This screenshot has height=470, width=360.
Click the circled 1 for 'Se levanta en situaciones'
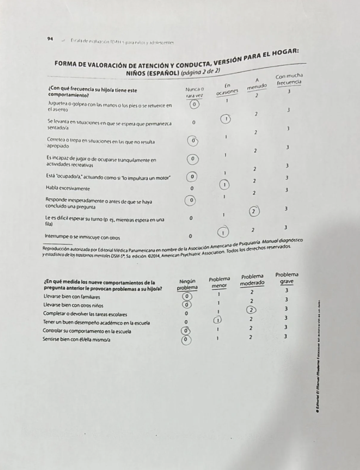pos(226,119)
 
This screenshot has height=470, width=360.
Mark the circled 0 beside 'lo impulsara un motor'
pos(192,177)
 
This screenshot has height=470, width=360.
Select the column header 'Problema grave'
pos(287,279)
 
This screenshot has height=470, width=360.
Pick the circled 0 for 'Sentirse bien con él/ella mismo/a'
pos(187,339)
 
